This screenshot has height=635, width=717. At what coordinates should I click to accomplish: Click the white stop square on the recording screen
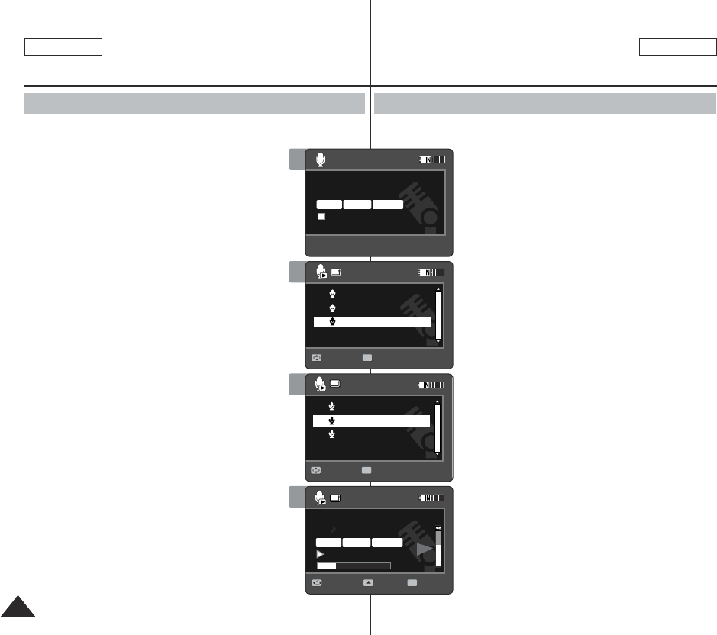(x=321, y=217)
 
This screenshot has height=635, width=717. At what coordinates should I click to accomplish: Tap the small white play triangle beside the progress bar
(x=320, y=553)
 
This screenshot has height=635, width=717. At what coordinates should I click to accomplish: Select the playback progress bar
(x=354, y=566)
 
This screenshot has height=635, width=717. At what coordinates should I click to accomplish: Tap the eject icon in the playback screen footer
(x=368, y=582)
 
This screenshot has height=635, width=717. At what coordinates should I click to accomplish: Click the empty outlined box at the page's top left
(x=63, y=47)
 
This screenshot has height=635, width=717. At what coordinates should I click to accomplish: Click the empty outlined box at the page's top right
(x=677, y=47)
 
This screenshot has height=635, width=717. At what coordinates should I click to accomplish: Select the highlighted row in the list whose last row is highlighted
(x=372, y=322)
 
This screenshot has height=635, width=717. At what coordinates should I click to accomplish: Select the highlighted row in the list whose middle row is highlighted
(x=371, y=421)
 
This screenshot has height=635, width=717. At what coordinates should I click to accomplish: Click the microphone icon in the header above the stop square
(x=321, y=160)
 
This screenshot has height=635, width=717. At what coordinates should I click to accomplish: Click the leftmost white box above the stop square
(x=329, y=205)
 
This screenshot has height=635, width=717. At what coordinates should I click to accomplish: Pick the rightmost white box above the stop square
(x=388, y=205)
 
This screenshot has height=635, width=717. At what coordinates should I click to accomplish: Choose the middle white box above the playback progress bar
(x=357, y=542)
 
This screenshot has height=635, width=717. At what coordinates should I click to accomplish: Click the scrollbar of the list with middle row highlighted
(x=438, y=427)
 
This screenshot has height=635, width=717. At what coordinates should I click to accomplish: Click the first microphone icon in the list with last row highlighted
(x=332, y=294)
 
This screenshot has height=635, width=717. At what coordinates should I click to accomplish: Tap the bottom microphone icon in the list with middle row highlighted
(x=332, y=434)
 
